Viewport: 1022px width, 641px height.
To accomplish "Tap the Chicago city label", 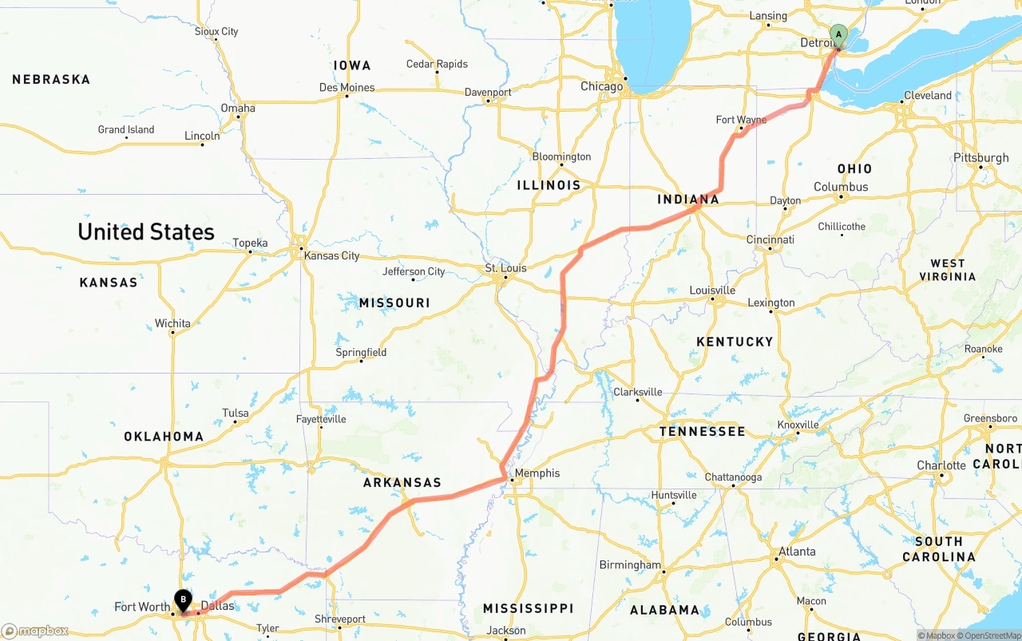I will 601,86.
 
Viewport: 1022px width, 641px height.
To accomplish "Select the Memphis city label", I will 537,473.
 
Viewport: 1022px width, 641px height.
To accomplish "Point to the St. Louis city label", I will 506,268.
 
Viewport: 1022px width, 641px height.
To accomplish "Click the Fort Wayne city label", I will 741,120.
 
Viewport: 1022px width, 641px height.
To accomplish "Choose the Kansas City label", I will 331,256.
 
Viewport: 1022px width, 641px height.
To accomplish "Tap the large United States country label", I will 146,232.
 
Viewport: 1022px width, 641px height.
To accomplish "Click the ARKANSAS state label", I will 402,483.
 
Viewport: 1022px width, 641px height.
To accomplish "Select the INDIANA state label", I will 688,200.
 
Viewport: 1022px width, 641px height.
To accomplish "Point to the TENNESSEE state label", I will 702,432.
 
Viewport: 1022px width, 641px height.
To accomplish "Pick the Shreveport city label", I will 340,619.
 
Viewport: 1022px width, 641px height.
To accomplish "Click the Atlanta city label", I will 797,552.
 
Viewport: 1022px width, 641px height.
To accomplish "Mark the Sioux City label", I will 216,32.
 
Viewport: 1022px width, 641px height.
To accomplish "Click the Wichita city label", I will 172,323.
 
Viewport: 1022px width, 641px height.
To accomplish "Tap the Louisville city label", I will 712,291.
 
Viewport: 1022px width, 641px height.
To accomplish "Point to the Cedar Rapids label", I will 437,64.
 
